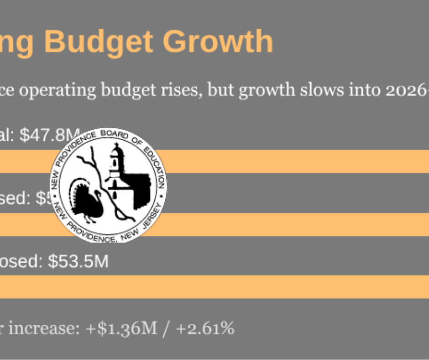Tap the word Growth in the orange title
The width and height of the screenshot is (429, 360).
coord(218,42)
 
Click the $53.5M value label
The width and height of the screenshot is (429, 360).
coord(78,262)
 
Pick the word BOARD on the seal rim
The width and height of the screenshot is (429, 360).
coord(115,134)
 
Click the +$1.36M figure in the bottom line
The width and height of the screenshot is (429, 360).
coord(120,328)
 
